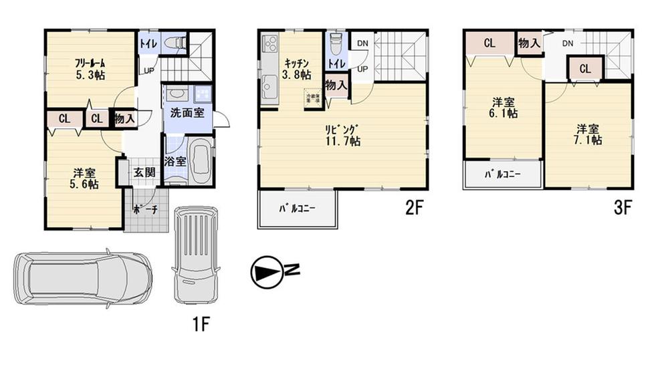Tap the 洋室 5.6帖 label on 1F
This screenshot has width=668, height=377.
click(x=85, y=178)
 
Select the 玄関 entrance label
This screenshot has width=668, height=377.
click(x=144, y=172)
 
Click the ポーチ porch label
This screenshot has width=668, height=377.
click(x=145, y=209)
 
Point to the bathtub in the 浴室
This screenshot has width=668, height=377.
click(x=198, y=160)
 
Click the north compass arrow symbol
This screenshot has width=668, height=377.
click(x=266, y=271)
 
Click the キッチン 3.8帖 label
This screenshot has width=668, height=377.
click(x=296, y=69)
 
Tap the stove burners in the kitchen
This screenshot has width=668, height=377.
click(x=269, y=45)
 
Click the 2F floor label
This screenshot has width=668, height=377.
click(x=415, y=209)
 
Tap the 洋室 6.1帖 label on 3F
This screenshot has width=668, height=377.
click(x=504, y=108)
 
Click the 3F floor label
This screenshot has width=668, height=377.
click(x=622, y=209)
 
